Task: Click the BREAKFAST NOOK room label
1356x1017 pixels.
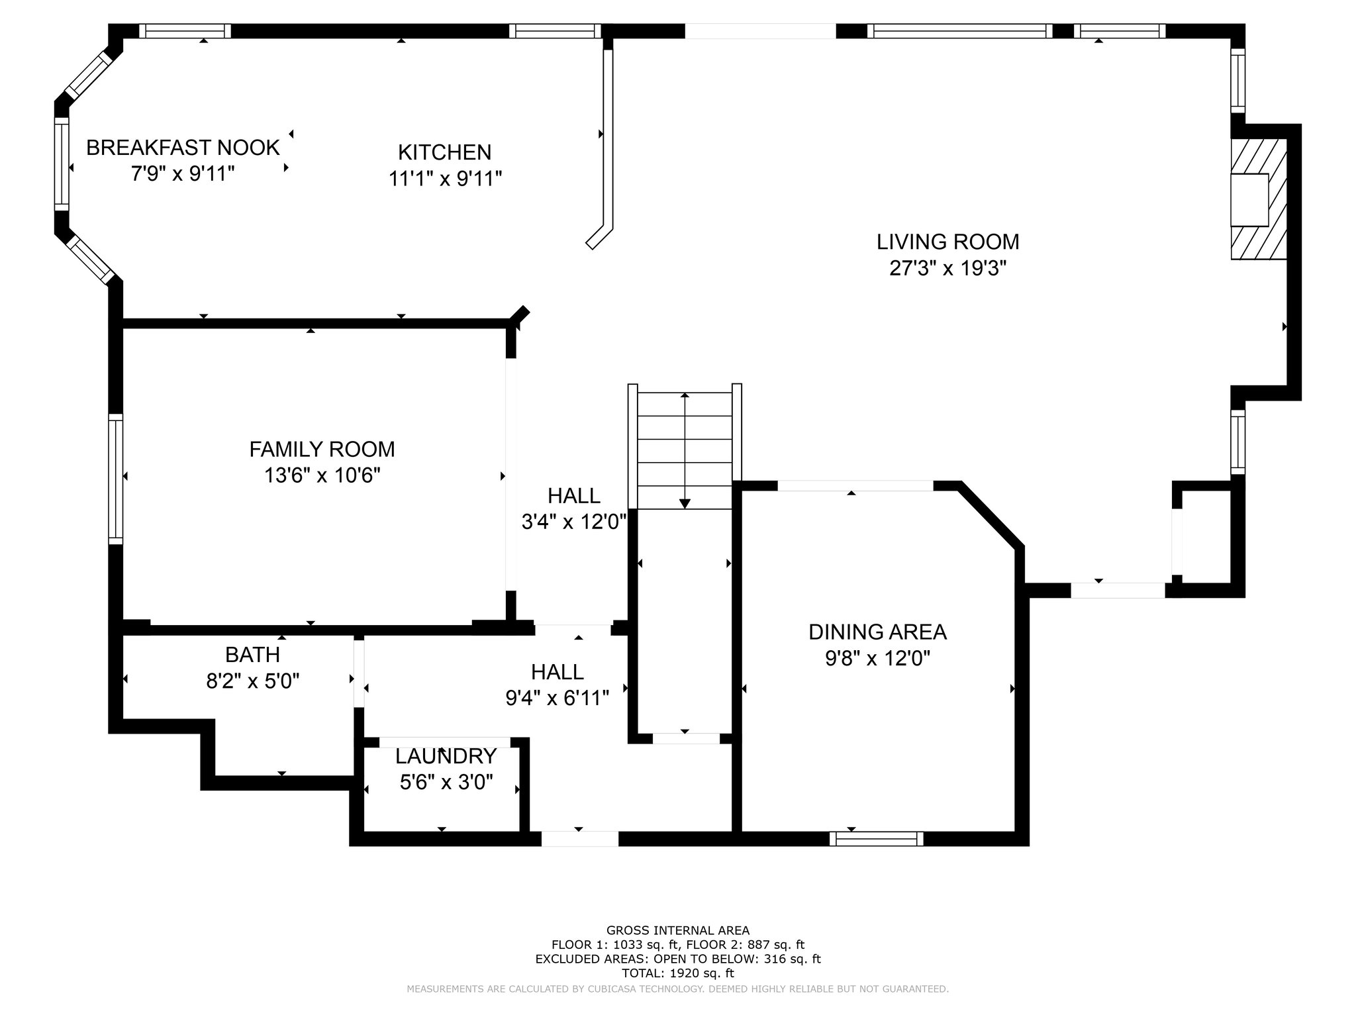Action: point(183,148)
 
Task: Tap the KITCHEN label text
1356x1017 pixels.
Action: point(445,152)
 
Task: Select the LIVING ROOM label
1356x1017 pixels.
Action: point(948,242)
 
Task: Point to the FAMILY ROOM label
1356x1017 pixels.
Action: point(322,450)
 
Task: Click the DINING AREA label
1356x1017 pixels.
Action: point(878,632)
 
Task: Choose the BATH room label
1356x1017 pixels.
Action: point(252,655)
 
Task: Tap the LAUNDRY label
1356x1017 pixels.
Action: point(446,756)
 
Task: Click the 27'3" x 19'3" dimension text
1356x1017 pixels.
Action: point(948,269)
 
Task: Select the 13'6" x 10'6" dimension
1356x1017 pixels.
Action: point(322,476)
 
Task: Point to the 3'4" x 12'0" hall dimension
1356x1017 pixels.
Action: point(573,522)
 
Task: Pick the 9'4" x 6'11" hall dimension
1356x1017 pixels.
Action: point(557,699)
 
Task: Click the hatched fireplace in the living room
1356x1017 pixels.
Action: point(1258,199)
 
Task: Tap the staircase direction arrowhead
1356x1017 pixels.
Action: point(685,503)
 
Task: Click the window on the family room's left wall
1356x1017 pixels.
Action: point(116,479)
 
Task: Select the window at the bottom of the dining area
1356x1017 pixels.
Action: point(877,839)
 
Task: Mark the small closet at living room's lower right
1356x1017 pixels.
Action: point(1206,537)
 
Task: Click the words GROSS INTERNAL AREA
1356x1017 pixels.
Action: point(678,931)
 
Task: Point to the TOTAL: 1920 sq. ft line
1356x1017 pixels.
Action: point(678,973)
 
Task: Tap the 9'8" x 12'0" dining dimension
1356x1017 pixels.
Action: point(878,659)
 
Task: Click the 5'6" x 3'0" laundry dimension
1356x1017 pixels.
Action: point(446,783)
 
